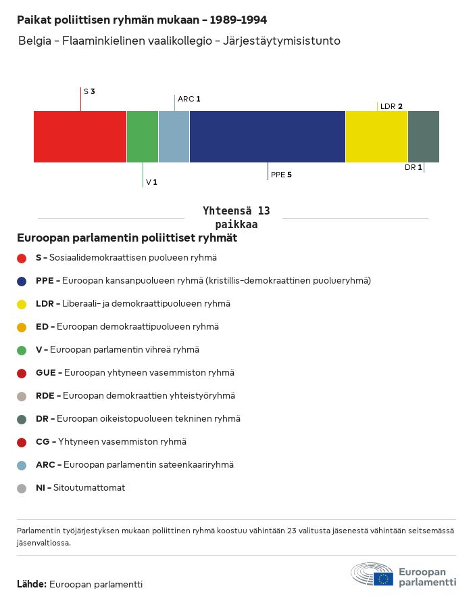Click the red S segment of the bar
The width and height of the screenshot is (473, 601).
point(80,137)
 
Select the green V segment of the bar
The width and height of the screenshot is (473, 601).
point(143,137)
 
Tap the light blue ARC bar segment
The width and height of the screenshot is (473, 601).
point(174,137)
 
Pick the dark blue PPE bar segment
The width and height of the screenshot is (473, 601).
point(268,137)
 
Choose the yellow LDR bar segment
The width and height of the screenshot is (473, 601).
point(376,137)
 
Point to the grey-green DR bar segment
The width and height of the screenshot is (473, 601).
point(424,137)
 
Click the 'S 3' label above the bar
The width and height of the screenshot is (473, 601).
point(89,91)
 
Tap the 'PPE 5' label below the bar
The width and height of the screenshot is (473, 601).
point(281,175)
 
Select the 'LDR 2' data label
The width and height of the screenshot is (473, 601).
point(391,106)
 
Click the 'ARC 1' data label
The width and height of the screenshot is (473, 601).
point(189,99)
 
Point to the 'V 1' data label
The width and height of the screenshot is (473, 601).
point(151,182)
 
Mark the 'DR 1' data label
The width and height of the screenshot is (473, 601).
point(414,167)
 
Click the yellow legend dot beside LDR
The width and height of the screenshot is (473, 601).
point(22,304)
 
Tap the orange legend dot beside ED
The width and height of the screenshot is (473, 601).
point(22,327)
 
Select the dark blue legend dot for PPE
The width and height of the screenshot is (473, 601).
point(22,281)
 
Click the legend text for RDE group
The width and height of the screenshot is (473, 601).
point(135,396)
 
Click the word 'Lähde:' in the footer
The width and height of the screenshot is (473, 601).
point(32,584)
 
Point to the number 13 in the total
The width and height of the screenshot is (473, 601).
point(262,211)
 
